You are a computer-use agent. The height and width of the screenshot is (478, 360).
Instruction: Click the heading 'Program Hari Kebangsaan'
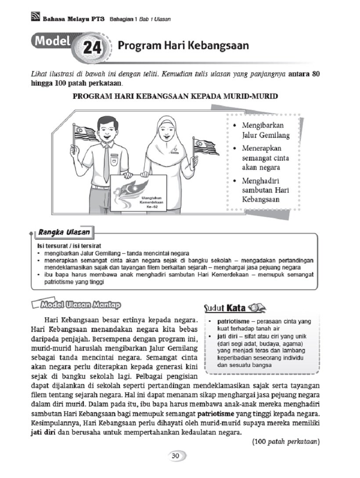pos(183,46)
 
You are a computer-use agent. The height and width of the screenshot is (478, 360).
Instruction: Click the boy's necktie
pos(106,162)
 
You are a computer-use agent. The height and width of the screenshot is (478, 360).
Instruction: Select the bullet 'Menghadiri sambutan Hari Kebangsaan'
pos(263,190)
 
